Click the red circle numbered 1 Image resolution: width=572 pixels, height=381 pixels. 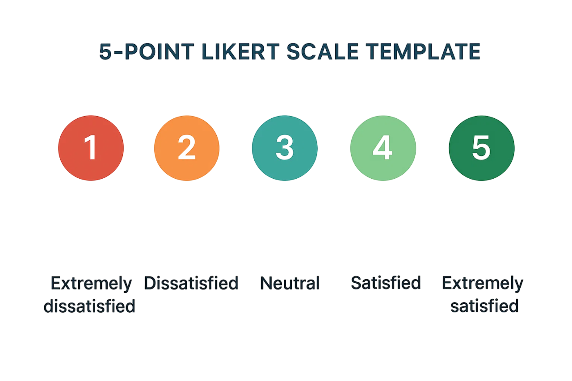tap(91, 148)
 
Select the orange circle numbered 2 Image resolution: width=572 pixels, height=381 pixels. tap(187, 148)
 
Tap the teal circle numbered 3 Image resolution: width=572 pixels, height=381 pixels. tap(285, 148)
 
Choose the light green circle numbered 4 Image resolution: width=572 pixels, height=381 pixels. tap(383, 148)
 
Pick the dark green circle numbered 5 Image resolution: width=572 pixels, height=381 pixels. tap(482, 148)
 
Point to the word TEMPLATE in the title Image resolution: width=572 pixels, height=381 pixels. tap(423, 51)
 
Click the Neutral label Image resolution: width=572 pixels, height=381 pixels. tap(290, 283)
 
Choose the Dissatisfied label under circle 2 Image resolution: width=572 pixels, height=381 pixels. tap(191, 283)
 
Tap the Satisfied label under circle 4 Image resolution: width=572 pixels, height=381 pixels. tap(386, 283)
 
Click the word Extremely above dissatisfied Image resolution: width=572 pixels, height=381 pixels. tap(91, 284)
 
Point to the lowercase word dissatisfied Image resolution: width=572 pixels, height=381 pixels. tap(89, 306)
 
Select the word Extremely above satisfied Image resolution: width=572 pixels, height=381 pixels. tap(482, 284)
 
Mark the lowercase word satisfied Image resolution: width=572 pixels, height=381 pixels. tap(484, 306)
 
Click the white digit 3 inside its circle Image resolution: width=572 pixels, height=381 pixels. tap(285, 147)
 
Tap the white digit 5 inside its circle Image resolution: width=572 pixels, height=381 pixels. tap(481, 147)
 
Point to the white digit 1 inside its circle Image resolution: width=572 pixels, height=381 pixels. tap(90, 147)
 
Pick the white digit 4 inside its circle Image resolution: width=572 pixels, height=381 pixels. tap(382, 147)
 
